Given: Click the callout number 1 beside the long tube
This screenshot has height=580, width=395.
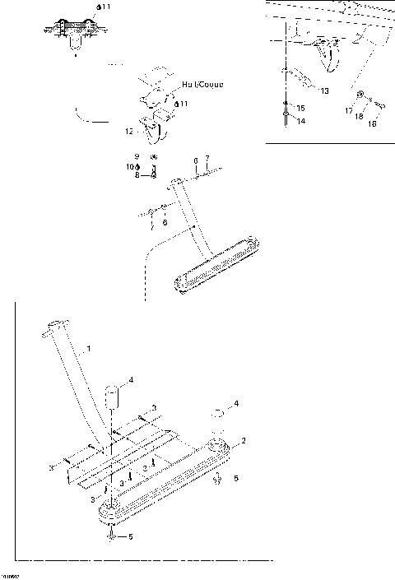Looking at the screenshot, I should pyautogui.click(x=90, y=350).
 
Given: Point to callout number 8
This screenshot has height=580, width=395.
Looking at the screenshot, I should pyautogui.click(x=138, y=174).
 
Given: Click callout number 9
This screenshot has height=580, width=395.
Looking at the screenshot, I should pyautogui.click(x=138, y=156).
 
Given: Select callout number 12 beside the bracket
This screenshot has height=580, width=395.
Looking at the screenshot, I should pyautogui.click(x=129, y=131).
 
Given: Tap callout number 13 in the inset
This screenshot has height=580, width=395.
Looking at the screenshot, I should pyautogui.click(x=323, y=90).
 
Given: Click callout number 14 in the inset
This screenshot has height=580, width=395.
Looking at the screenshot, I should pyautogui.click(x=300, y=121).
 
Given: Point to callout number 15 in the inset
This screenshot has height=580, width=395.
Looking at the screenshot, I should pyautogui.click(x=300, y=108).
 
